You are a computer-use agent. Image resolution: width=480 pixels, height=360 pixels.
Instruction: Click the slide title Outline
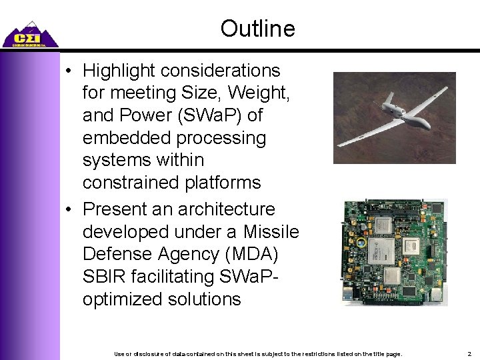pos(257,29)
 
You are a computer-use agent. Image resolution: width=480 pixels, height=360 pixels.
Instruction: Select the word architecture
pos(226,209)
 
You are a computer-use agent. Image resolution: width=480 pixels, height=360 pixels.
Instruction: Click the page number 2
pos(469,353)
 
